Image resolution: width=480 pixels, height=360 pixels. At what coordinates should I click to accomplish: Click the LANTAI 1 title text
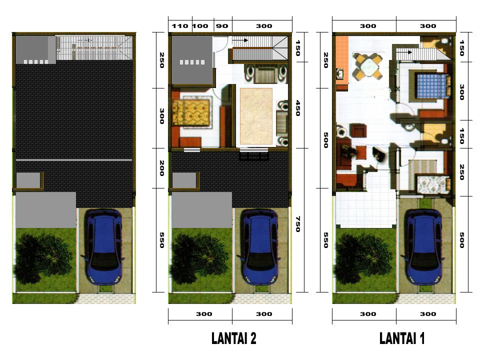click(x=402, y=339)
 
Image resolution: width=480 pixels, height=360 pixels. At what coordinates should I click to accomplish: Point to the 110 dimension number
click(x=179, y=26)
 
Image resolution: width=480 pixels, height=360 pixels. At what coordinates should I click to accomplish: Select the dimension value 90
click(x=221, y=26)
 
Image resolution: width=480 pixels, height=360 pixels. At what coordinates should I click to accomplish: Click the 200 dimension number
click(x=161, y=168)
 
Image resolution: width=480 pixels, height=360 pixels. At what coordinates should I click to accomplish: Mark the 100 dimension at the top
click(x=200, y=26)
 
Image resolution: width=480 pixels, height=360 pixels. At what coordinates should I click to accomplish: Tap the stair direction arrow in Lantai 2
click(x=242, y=40)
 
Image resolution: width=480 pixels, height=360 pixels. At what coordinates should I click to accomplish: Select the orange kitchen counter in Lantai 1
click(x=342, y=57)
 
